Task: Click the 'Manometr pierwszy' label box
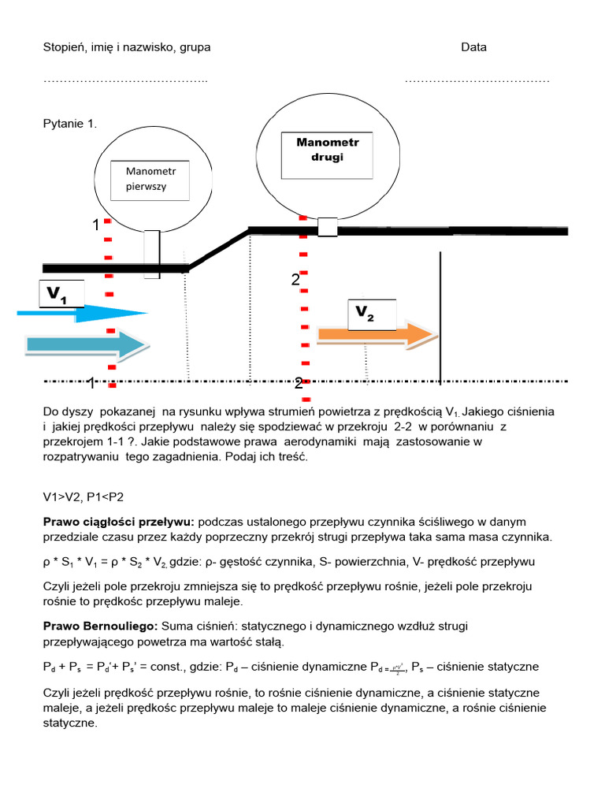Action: [152, 180]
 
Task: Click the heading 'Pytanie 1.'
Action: [69, 124]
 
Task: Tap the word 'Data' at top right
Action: [474, 47]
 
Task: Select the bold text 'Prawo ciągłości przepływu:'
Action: [118, 522]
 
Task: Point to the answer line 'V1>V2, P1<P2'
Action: [83, 496]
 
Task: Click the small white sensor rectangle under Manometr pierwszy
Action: [152, 254]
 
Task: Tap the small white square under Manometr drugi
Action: [327, 227]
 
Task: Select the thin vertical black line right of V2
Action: [440, 315]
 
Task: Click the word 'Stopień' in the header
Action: [63, 47]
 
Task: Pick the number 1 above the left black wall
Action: [95, 225]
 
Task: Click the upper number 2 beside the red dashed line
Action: [295, 280]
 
